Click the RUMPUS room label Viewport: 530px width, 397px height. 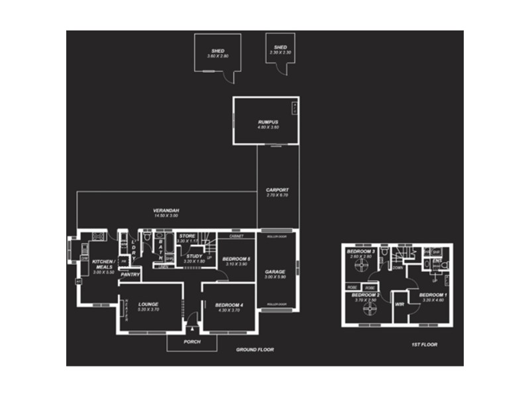pos(268,122)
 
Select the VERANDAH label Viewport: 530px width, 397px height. pos(166,210)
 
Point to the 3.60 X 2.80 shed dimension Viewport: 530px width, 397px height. pos(217,56)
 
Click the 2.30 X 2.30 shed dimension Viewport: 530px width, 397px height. pos(280,52)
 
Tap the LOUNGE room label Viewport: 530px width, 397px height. pos(148,304)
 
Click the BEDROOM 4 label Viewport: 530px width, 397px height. pos(229,305)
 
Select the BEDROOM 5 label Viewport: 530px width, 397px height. pos(236,259)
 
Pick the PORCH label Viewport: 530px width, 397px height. pos(191,342)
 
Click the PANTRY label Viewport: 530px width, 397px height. pos(130,275)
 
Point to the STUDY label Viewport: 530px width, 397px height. pos(193,257)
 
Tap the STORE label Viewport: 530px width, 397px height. pos(187,236)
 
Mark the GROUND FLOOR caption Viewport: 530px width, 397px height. pos(255,349)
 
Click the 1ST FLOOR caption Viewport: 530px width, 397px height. pos(424,345)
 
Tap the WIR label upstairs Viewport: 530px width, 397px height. pos(399,304)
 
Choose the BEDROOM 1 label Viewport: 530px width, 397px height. pos(433,294)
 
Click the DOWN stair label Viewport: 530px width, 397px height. pos(397,268)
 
